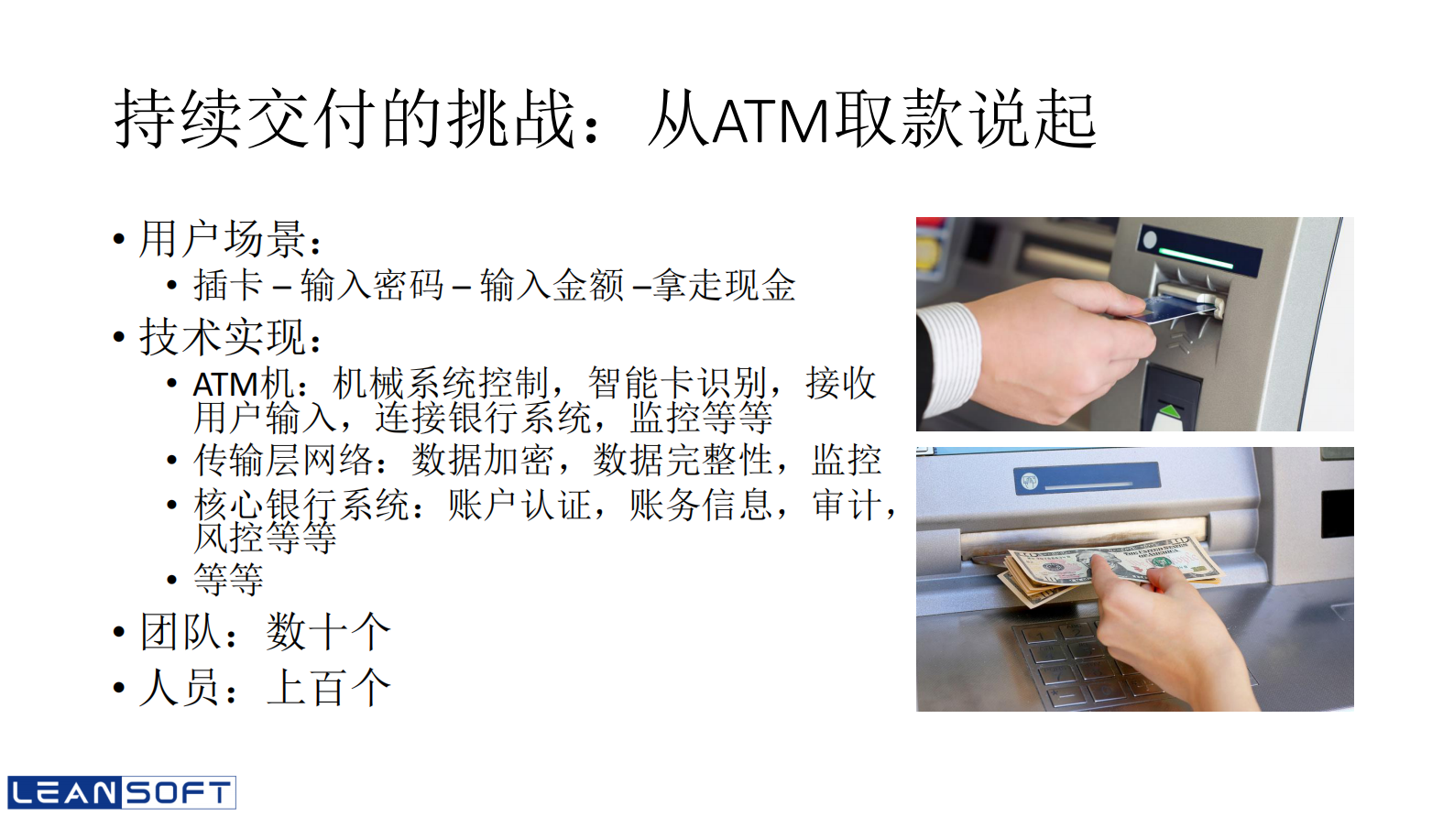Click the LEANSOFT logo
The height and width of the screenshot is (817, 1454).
pyautogui.click(x=122, y=792)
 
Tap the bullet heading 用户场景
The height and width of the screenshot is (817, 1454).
pyautogui.click(x=223, y=240)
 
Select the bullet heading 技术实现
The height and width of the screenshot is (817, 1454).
pyautogui.click(x=223, y=338)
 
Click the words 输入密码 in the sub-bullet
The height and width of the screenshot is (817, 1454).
pyautogui.click(x=372, y=286)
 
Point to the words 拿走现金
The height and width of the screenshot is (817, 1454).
pyautogui.click(x=724, y=286)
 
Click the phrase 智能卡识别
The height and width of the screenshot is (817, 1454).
pyautogui.click(x=677, y=384)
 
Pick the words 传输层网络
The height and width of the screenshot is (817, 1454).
pyautogui.click(x=283, y=460)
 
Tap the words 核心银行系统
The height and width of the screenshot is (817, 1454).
pyautogui.click(x=301, y=505)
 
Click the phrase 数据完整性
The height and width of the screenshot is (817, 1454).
pyautogui.click(x=683, y=460)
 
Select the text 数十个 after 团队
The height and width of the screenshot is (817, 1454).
pyautogui.click(x=328, y=632)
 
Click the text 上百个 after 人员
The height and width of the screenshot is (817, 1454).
pyautogui.click(x=328, y=688)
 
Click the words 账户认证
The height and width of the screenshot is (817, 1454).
pyautogui.click(x=519, y=505)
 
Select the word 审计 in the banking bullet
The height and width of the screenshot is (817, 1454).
pyautogui.click(x=847, y=505)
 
